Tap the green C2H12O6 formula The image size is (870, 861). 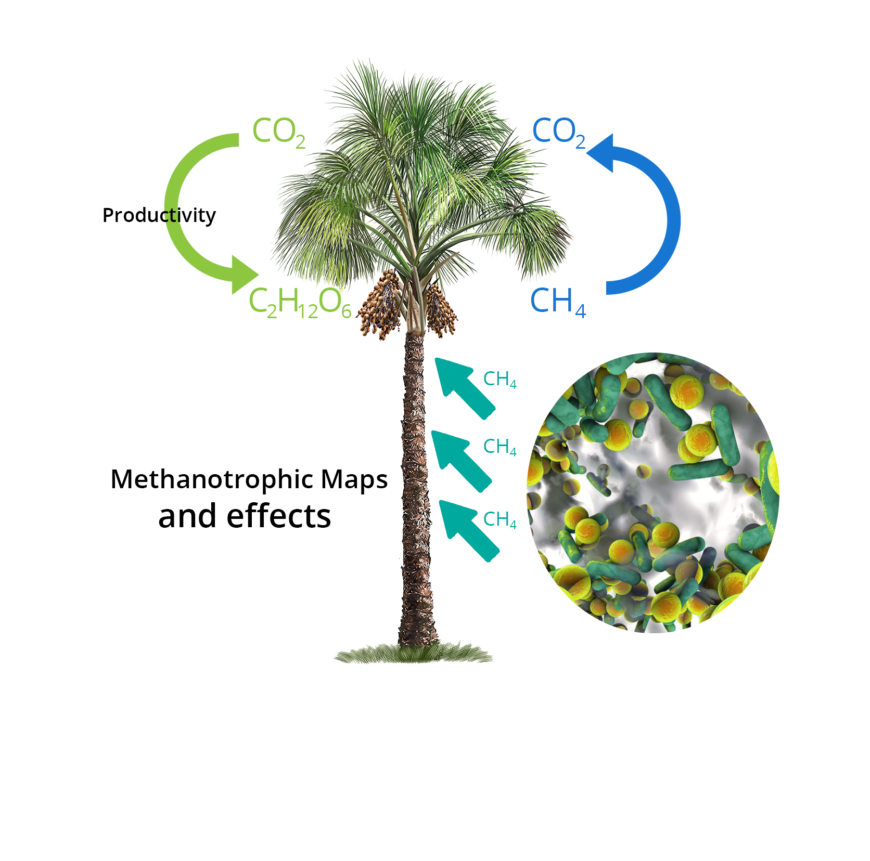tap(300, 302)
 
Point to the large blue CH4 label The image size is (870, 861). tap(557, 302)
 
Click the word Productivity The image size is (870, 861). tap(159, 215)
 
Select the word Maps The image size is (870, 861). tap(354, 479)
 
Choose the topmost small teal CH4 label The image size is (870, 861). tap(500, 380)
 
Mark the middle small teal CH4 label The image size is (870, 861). tap(500, 447)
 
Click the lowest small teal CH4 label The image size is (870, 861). tap(500, 519)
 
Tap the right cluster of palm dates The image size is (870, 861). tap(440, 310)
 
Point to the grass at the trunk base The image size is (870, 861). tap(414, 654)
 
